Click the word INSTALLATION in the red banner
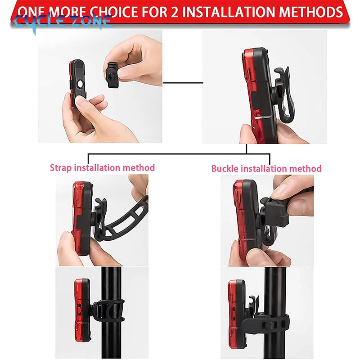229,12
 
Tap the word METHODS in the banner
311,12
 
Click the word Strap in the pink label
61,168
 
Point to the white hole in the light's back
80,84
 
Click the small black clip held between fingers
112,75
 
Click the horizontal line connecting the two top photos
183,83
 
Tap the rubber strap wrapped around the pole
108,311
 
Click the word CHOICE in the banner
114,12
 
